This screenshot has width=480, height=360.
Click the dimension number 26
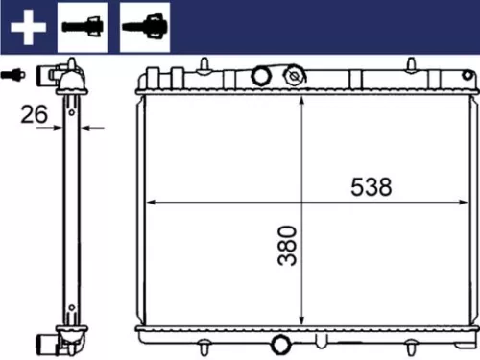[x=36, y=114]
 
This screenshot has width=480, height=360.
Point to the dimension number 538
[x=370, y=187]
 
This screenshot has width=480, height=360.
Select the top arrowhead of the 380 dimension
[x=303, y=100]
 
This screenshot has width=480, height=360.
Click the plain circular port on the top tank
[x=259, y=76]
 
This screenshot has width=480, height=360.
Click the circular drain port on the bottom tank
[x=279, y=345]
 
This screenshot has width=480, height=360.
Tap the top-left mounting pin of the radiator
[x=204, y=65]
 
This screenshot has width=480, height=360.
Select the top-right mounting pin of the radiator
[x=413, y=65]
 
